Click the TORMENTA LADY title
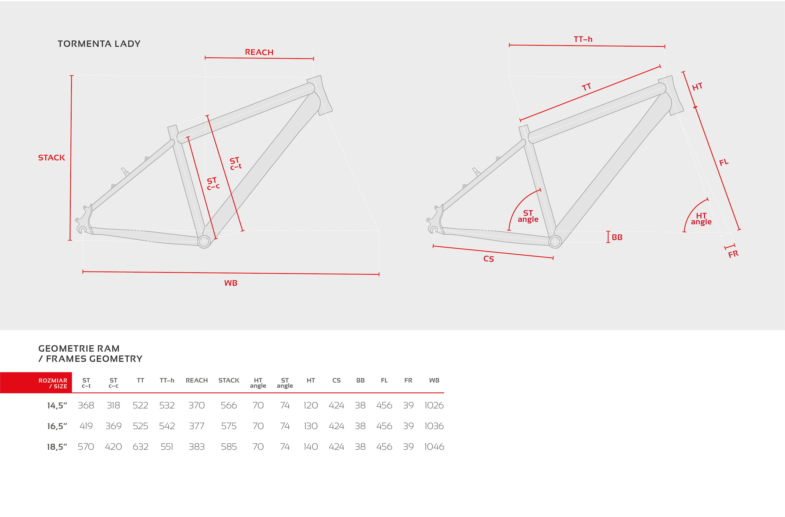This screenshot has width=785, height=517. [99, 44]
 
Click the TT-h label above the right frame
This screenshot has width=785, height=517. [583, 39]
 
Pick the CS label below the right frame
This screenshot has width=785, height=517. [488, 259]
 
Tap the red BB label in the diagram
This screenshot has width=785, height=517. [617, 237]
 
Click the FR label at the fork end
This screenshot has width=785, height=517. [733, 254]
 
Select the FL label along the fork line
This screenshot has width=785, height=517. [724, 162]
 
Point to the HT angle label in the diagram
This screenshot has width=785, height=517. [701, 219]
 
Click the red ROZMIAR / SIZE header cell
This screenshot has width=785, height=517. [36, 383]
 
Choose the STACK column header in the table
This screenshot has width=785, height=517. [229, 380]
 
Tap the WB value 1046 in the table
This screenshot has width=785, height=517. [434, 447]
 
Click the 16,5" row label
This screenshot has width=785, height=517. [57, 426]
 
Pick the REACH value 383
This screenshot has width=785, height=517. [197, 447]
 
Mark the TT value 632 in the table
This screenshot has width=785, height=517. [140, 447]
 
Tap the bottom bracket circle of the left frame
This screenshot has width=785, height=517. [204, 241]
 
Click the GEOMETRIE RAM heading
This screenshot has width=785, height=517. [79, 348]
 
